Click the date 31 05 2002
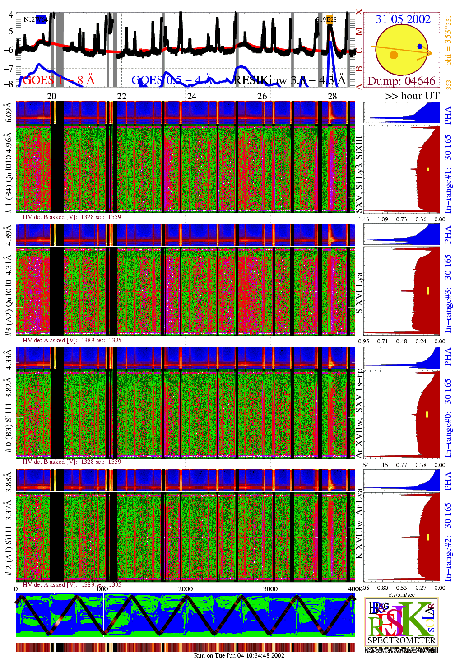tap(403, 19)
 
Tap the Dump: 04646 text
tap(401, 81)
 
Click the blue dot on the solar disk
tap(420, 47)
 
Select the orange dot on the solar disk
tap(394, 55)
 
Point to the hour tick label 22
tap(122, 96)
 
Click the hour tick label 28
tap(332, 96)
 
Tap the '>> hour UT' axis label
tap(412, 96)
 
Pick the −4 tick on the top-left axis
tap(8, 14)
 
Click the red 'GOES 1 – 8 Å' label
tap(59, 80)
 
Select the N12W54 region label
tap(35, 19)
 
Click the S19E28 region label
tap(326, 19)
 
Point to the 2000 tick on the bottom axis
tap(185, 589)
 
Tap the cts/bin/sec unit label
tap(401, 594)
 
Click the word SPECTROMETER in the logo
tap(401, 640)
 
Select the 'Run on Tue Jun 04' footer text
tap(239, 655)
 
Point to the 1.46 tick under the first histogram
tap(363, 219)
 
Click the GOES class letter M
tap(359, 32)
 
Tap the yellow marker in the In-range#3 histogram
tap(428, 290)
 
